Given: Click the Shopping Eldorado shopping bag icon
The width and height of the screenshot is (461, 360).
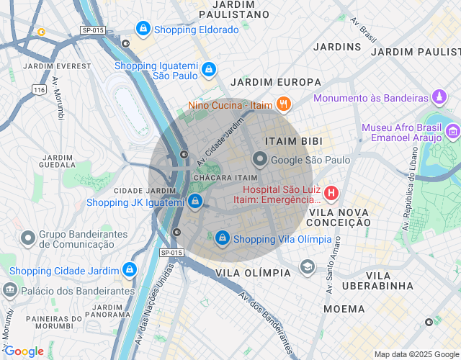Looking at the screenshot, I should (x=143, y=29).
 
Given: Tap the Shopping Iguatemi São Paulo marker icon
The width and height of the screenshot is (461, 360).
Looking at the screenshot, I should (x=208, y=69).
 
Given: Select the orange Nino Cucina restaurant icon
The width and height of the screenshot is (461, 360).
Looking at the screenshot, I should (x=284, y=104).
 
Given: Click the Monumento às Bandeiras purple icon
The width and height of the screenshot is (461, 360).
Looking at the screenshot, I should (x=439, y=97).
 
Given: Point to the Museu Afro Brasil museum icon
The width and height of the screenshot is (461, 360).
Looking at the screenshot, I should (x=452, y=131).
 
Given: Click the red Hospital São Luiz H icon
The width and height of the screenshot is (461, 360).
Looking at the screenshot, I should (x=331, y=192).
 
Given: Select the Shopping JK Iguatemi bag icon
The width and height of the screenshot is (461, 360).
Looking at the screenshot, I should (x=195, y=202).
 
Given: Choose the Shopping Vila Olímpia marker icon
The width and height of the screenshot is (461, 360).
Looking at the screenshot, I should (x=223, y=238).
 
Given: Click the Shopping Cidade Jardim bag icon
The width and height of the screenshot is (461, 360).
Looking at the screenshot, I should (x=129, y=270).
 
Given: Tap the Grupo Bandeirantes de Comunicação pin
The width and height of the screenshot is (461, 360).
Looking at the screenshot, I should (x=28, y=238).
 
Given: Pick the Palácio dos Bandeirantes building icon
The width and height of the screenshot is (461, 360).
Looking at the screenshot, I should (x=10, y=290).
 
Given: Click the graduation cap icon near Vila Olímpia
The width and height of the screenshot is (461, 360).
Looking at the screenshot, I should (x=308, y=268).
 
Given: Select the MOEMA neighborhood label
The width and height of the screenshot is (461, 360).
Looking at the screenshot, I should (x=344, y=309).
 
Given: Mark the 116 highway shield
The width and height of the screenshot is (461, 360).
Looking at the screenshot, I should (x=39, y=89).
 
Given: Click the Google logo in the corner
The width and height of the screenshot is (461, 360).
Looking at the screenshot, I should (x=24, y=351).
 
